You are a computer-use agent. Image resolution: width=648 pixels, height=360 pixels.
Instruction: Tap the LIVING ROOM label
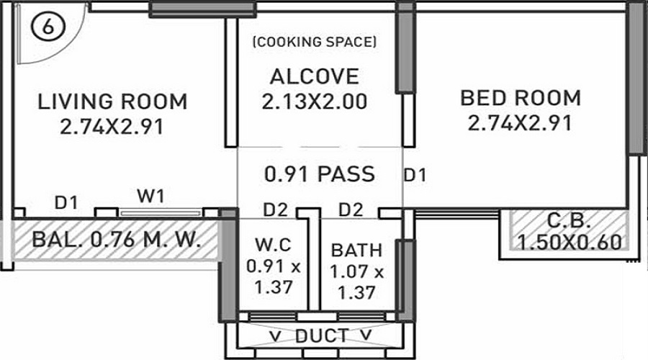(x=112, y=102)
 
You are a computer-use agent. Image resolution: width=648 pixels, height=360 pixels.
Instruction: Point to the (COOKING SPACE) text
(x=314, y=42)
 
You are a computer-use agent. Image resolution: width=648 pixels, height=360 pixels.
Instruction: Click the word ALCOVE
(x=314, y=76)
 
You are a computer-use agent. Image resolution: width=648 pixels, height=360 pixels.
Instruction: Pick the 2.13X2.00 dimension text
(x=314, y=102)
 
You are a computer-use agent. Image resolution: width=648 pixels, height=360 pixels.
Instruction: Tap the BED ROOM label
(x=520, y=97)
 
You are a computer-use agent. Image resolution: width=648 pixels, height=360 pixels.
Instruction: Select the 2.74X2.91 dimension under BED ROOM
(x=520, y=123)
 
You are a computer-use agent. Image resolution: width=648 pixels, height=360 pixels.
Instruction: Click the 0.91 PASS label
(x=320, y=174)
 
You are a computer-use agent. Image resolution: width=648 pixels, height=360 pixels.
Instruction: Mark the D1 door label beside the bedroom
(x=415, y=174)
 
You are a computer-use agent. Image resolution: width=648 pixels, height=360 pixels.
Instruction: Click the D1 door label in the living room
(x=66, y=203)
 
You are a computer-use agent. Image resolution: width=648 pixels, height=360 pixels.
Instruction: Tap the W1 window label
(x=151, y=196)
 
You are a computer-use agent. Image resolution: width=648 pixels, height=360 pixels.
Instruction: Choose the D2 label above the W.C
(x=275, y=210)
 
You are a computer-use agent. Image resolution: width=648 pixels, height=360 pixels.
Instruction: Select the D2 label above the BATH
(x=351, y=210)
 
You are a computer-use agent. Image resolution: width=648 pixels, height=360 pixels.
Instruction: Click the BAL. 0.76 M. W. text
(x=116, y=240)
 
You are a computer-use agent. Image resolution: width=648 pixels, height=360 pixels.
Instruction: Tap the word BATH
(x=356, y=251)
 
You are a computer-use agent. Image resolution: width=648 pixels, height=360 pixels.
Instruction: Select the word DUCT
(x=322, y=336)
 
